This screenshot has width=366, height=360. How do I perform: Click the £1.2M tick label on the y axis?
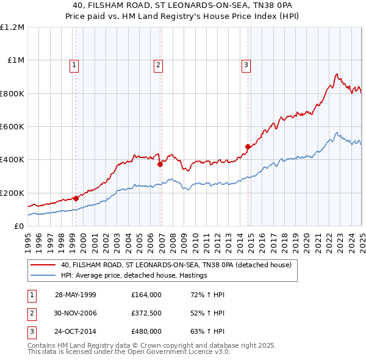[12, 27]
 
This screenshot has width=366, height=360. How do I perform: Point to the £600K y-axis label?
[12, 127]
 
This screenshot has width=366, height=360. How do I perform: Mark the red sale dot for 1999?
[76, 198]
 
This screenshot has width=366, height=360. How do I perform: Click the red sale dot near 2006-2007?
[160, 164]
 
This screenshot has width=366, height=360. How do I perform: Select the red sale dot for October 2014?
[248, 146]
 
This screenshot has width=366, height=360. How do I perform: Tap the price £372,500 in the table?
[146, 313]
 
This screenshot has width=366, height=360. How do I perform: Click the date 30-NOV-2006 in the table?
[76, 313]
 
